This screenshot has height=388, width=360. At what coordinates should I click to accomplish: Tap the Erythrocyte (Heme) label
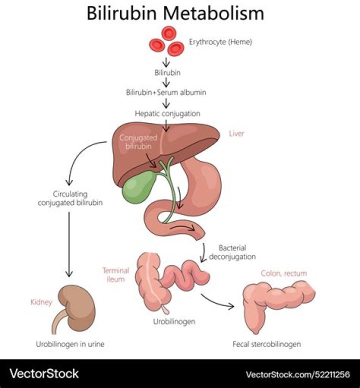click(x=220, y=42)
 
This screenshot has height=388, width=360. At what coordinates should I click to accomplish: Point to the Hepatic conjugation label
click(x=167, y=113)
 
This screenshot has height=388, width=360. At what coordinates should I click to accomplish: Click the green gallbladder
click(x=137, y=187)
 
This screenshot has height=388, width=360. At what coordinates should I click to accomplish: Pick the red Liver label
click(x=236, y=133)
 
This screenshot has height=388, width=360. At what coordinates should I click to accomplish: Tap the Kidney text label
click(x=41, y=302)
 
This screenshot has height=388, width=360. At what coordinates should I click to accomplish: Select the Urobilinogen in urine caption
click(x=70, y=344)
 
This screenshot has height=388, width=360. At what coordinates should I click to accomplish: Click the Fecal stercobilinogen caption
click(x=266, y=344)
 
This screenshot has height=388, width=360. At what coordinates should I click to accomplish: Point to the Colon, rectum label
click(x=283, y=273)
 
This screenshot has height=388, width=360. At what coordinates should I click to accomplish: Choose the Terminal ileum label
click(x=116, y=274)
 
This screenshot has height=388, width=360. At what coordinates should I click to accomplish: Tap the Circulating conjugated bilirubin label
click(x=70, y=198)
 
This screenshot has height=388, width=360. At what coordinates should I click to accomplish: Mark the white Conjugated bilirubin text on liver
click(x=138, y=141)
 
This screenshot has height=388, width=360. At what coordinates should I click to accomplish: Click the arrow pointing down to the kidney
click(x=70, y=245)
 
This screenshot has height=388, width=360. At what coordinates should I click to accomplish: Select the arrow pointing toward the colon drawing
click(x=217, y=300)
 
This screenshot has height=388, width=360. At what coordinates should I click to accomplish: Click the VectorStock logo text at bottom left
click(x=44, y=373)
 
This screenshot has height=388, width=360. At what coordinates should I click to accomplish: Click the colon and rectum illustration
click(x=275, y=302)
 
